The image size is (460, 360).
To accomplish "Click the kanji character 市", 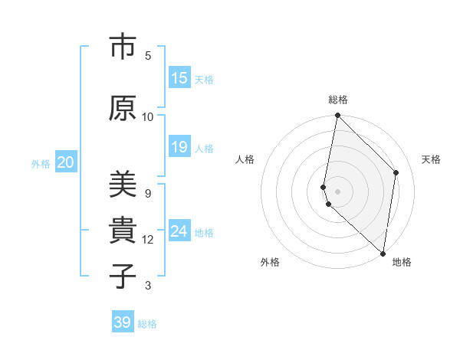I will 121,47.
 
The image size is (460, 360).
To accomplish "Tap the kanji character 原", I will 121,108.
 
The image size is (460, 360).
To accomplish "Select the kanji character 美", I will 121,184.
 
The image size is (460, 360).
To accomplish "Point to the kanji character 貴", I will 121,231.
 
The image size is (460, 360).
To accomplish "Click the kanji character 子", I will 121,275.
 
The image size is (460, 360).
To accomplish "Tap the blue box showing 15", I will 179,78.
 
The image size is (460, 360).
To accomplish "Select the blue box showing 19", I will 179,147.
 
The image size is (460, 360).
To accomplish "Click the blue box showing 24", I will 179,231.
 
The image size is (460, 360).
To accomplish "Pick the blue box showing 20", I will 66,162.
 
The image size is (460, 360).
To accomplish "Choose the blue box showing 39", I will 123,322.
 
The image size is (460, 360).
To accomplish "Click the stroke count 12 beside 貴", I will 148,240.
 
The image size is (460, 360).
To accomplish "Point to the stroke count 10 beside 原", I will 148,116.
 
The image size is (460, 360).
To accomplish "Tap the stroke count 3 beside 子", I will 148,286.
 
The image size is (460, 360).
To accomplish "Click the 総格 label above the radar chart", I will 338,100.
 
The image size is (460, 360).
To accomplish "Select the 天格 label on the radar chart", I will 431,159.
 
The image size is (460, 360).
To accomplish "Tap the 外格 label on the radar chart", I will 270,262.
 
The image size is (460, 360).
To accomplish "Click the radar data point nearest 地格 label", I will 383,253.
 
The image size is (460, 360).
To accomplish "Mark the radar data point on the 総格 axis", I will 337,116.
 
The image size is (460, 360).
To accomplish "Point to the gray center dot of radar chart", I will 337,191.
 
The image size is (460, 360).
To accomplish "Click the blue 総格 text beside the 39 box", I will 147,323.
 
